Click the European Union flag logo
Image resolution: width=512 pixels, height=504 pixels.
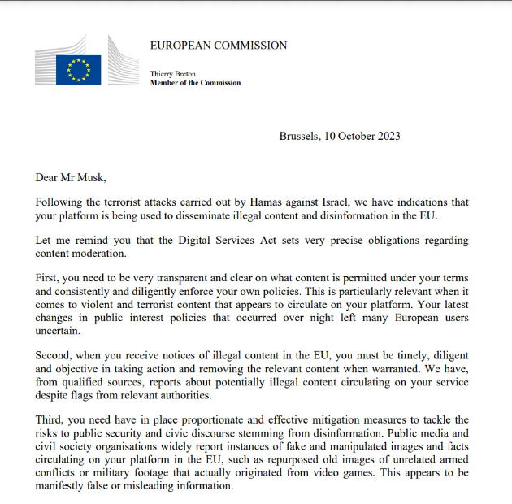78,70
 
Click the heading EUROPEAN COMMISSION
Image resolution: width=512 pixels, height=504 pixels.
218,46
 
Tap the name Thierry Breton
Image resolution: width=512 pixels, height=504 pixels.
173,74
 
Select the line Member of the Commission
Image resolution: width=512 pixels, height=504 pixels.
195,83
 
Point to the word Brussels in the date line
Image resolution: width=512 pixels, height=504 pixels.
299,136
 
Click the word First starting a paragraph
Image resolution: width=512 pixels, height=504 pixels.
47,279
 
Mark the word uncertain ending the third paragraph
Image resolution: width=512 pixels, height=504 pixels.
60,331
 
